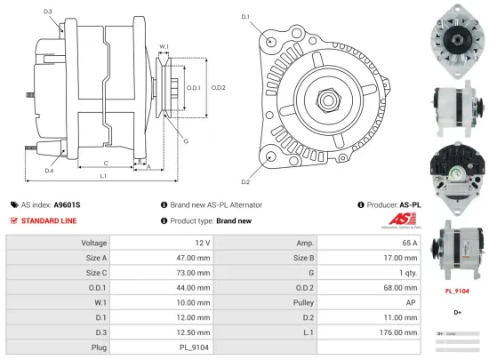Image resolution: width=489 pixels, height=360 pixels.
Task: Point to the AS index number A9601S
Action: [x=67, y=204]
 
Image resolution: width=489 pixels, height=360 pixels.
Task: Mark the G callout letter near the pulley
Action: [x=186, y=140]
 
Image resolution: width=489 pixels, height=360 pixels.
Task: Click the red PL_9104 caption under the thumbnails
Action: [x=457, y=290]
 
